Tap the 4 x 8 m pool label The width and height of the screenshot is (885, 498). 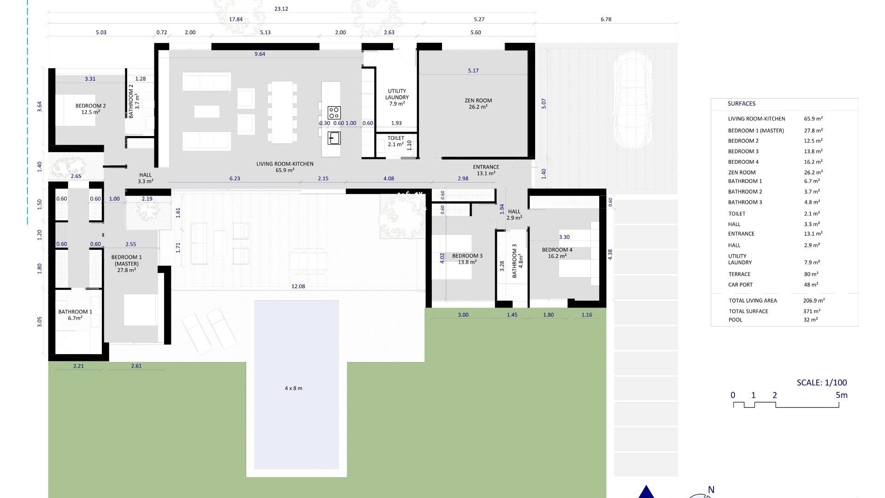294,388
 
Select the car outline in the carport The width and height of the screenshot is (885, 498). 633,100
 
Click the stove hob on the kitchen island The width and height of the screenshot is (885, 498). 334,113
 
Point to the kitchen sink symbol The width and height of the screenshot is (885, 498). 334,138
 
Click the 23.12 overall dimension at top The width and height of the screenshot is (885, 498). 281,9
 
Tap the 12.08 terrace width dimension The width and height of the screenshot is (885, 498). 298,286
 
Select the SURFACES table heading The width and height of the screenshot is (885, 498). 741,104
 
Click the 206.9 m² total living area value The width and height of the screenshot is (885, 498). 814,301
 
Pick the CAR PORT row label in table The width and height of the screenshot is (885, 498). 740,285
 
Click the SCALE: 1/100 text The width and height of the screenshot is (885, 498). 821,383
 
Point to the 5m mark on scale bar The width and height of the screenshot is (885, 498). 841,395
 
